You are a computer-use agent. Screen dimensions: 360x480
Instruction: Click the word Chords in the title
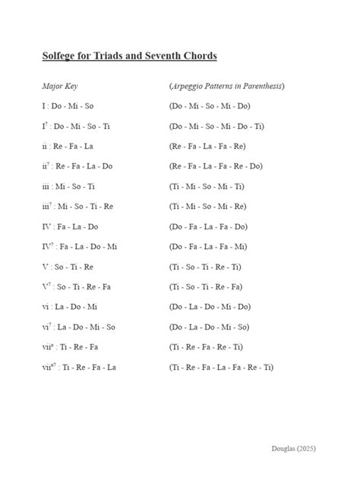coord(197,57)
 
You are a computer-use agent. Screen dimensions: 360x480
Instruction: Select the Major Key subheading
coord(60,87)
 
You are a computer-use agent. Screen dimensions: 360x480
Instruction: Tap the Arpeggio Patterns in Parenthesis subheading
coord(226,87)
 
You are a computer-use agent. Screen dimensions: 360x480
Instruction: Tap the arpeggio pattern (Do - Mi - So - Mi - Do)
coord(210,106)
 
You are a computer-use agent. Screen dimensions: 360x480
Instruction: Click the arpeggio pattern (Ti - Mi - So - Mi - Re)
coord(207,207)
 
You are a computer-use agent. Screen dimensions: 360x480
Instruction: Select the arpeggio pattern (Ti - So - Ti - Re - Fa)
coord(207,287)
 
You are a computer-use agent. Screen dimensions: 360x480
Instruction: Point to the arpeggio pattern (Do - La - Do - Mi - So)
coord(210,327)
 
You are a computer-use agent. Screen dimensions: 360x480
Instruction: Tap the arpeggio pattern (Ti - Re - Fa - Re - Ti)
coord(207,347)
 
